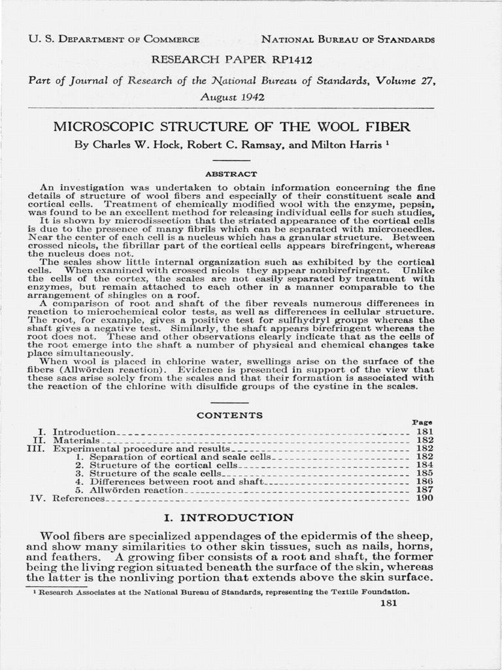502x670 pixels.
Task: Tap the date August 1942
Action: (x=231, y=95)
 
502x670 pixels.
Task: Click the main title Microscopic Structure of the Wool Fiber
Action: (x=231, y=126)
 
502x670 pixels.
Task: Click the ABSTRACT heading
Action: (x=231, y=174)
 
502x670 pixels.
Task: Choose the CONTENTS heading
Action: (x=230, y=415)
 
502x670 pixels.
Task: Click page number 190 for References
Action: (x=424, y=498)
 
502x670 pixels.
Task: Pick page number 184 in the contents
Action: (x=424, y=465)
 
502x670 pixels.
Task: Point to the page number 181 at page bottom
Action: (x=388, y=603)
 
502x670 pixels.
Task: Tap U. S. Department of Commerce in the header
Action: (x=114, y=39)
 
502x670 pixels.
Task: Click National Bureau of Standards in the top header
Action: (x=348, y=39)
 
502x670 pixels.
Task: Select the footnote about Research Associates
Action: (x=222, y=591)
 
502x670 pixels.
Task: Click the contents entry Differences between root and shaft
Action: (x=175, y=481)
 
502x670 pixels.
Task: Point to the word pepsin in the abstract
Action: (x=418, y=205)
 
